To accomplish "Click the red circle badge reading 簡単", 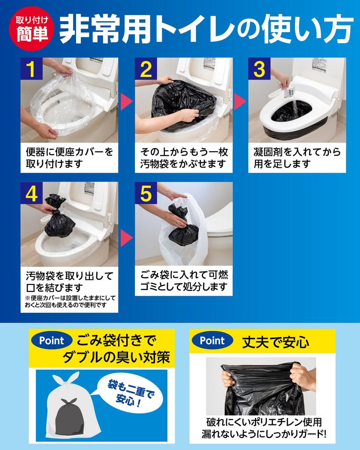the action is coord(31,29).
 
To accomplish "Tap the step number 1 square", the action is coord(31,69).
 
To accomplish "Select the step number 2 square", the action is coord(146,69).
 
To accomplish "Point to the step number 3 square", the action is coord(259,69).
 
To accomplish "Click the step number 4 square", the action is coord(31,193).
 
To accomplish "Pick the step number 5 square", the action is coord(146,193).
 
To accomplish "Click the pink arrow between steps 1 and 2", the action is coord(126,102).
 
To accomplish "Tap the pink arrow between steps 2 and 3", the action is coord(240,102).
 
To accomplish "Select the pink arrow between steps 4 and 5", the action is coord(126,238).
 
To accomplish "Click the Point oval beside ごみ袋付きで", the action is coord(52,341).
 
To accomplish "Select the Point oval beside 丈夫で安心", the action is coord(212,341).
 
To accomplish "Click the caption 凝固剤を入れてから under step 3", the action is coord(297,152).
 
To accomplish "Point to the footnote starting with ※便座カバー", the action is coord(70,301).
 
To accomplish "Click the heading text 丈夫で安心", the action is coord(276,342).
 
